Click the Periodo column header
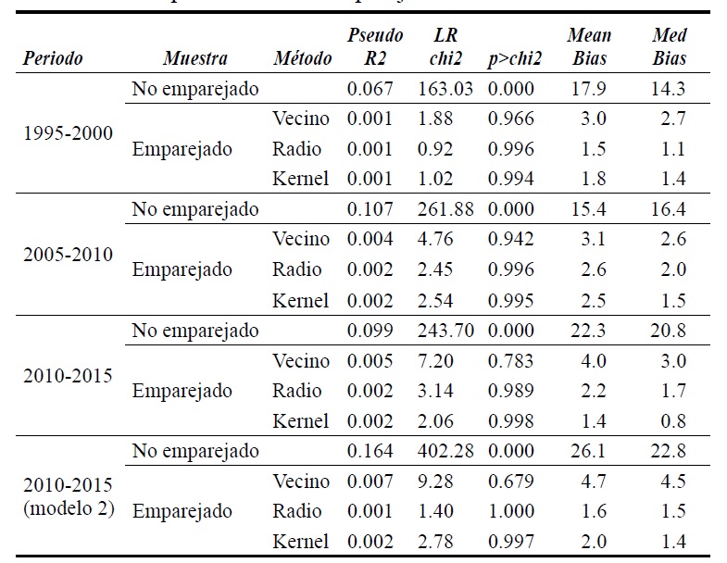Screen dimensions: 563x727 click(54, 58)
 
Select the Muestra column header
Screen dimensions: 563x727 click(194, 58)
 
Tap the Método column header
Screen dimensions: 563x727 click(303, 58)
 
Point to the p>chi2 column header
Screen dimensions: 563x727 click(516, 58)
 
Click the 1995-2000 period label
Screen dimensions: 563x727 click(67, 131)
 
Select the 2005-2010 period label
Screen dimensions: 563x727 click(67, 253)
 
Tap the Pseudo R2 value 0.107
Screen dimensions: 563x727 click(370, 209)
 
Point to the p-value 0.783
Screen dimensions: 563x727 click(512, 360)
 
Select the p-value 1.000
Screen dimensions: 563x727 click(512, 511)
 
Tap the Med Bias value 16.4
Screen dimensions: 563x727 click(668, 209)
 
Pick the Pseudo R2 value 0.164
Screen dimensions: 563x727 click(370, 452)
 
